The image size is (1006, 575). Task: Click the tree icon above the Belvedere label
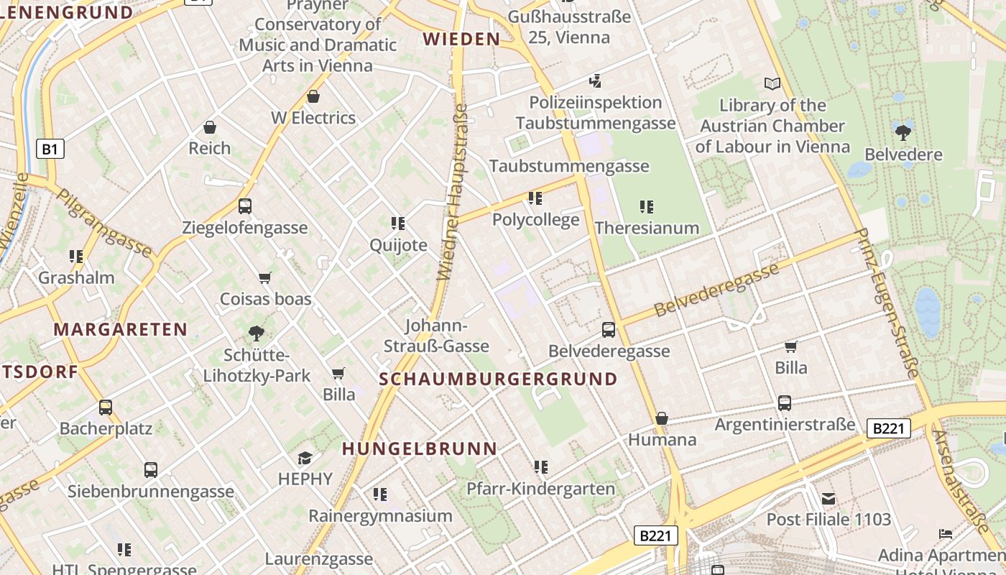(x=903, y=132)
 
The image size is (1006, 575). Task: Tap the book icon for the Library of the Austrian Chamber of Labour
(x=772, y=84)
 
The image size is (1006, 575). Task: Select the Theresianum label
(x=647, y=228)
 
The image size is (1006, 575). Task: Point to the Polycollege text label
(x=535, y=220)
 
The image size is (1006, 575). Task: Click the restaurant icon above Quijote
(x=398, y=224)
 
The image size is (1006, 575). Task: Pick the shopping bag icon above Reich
(x=210, y=127)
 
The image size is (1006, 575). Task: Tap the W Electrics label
(x=313, y=118)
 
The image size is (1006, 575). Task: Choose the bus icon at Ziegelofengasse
(x=245, y=206)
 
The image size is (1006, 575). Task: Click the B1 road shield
(x=50, y=149)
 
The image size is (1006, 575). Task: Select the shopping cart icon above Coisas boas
(x=265, y=277)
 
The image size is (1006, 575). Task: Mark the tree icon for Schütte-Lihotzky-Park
(x=256, y=333)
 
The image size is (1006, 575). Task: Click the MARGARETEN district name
(x=120, y=330)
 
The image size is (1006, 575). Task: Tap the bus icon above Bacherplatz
(x=106, y=408)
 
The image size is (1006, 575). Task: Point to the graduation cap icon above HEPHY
(x=305, y=458)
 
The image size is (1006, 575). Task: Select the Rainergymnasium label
(x=380, y=516)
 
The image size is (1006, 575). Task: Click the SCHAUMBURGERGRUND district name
(x=498, y=379)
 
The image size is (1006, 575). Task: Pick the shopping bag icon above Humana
(x=662, y=418)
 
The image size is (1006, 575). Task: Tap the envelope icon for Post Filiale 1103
(x=829, y=498)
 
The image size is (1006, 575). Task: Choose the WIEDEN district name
(x=461, y=39)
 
